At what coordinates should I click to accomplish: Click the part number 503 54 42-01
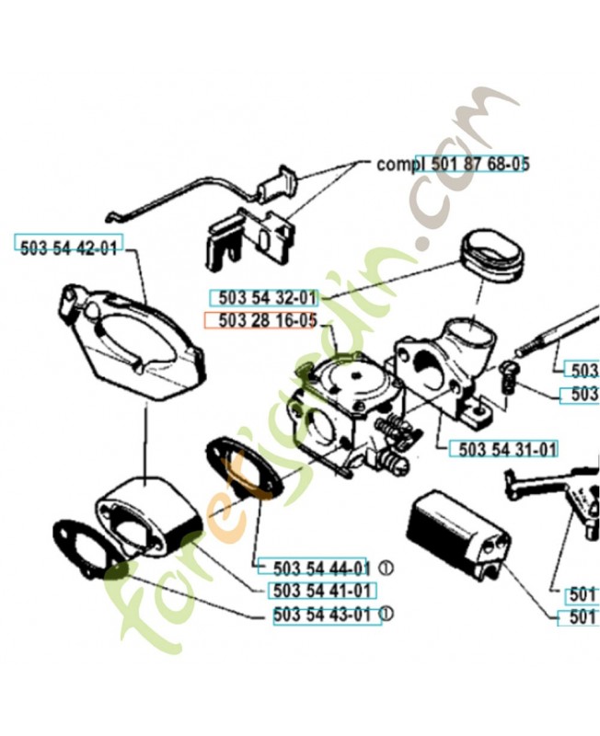click(68, 247)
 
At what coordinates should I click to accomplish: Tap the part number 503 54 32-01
click(264, 298)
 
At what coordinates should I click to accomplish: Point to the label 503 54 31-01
click(503, 450)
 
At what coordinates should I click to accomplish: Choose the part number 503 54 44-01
click(315, 568)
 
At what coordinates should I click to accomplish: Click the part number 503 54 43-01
click(327, 615)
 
